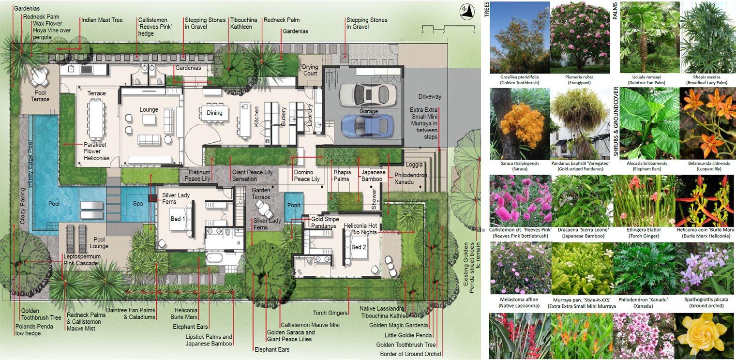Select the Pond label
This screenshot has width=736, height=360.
[294, 205]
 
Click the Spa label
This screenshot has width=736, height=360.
[138, 204]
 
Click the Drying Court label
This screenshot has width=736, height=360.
[310, 70]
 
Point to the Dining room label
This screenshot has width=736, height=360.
[214, 113]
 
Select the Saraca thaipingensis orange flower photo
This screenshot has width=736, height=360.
[519, 123]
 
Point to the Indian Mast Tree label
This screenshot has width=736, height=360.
[102, 20]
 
